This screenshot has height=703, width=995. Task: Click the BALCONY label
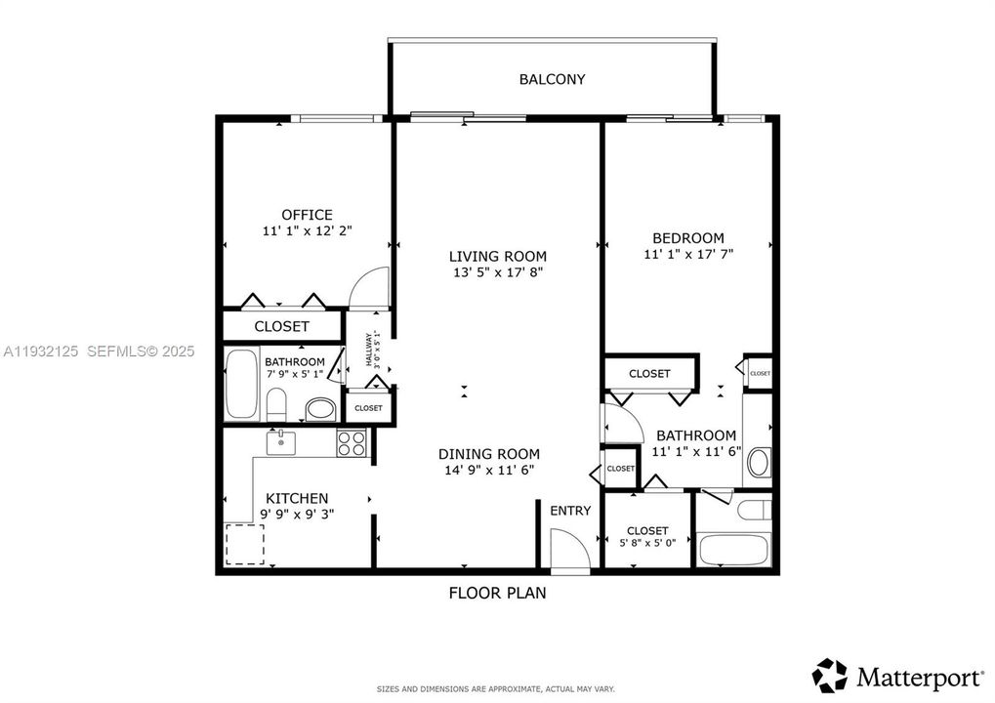552,79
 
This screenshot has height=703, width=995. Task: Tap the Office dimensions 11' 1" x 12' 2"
307,231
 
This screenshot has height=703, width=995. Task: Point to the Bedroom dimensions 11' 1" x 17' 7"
687,254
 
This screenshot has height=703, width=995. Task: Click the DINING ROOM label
488,453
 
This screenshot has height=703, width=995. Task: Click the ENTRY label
570,511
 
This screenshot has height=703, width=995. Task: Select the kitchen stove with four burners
352,444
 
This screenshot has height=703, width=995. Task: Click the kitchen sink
281,441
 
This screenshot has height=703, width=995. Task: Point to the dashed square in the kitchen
245,544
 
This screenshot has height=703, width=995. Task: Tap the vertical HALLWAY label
370,350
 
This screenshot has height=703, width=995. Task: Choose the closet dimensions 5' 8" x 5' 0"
647,545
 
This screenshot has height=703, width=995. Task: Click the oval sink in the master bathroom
758,462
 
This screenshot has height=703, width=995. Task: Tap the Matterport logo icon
831,674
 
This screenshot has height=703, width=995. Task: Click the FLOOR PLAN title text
497,592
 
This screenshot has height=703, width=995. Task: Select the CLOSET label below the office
281,326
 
